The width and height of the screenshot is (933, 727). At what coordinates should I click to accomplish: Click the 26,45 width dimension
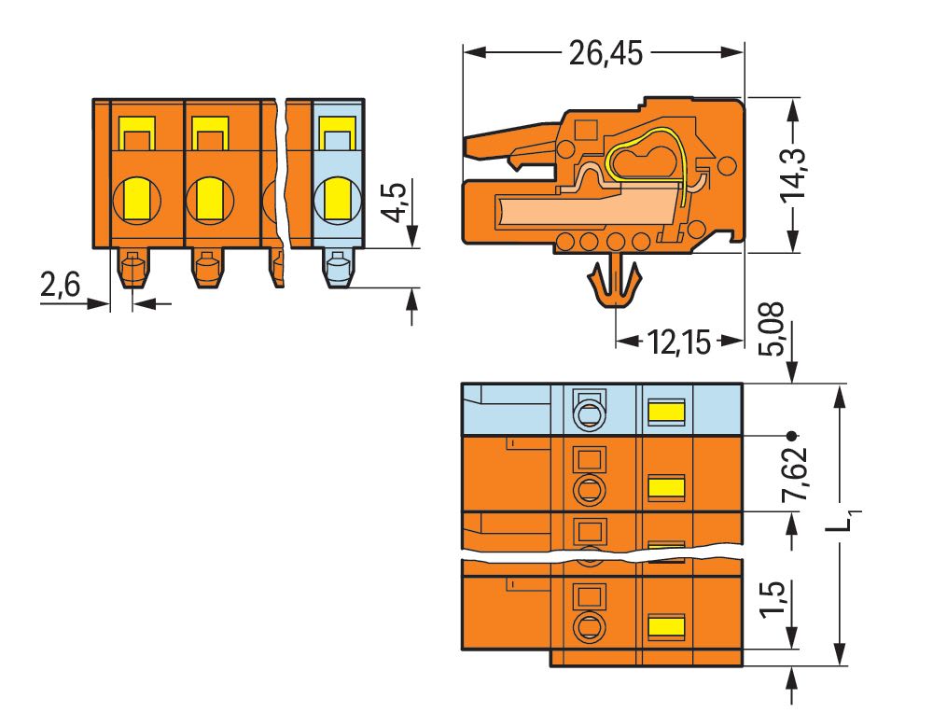(x=606, y=53)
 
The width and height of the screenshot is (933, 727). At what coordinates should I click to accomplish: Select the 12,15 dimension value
(x=678, y=343)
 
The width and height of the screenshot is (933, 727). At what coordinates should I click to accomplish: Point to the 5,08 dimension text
(x=773, y=329)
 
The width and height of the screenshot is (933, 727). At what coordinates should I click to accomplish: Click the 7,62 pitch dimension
(x=795, y=473)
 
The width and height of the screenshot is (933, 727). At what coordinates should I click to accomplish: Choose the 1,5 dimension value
(x=773, y=599)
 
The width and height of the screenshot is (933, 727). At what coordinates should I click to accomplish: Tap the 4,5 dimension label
(x=396, y=203)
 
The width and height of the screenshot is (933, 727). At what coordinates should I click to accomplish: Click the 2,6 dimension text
(x=60, y=284)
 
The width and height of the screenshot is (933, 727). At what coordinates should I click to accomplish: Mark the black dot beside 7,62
(x=791, y=436)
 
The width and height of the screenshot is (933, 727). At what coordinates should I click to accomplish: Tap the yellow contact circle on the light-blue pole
(x=337, y=201)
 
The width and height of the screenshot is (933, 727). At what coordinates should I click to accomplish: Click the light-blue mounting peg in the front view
(x=340, y=268)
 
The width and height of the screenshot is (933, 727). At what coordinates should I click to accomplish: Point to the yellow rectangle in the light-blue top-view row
(x=666, y=412)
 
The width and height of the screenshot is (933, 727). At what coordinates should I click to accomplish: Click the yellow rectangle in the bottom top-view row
(x=666, y=627)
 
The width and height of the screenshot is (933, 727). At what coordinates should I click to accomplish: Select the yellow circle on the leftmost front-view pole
(x=137, y=201)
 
